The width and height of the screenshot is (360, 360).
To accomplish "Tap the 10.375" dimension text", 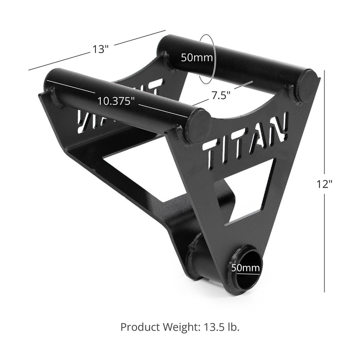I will (116, 101).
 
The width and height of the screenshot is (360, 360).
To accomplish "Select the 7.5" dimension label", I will (221, 95).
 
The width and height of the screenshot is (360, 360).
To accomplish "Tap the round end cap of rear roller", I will (308, 85).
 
